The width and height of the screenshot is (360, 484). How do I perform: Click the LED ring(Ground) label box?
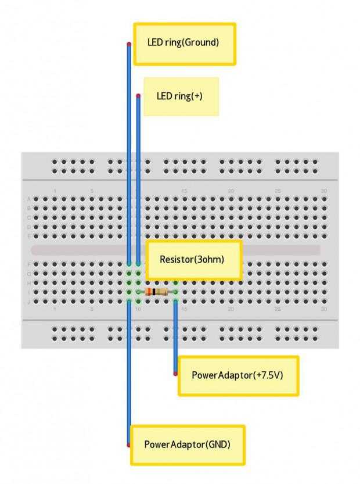point(185,44)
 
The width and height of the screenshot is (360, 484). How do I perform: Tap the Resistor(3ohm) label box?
point(194,260)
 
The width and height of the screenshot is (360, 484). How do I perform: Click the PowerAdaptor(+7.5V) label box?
point(239,376)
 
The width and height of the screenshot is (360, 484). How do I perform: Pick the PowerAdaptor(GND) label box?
point(188,445)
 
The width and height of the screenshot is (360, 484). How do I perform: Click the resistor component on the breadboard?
point(157,292)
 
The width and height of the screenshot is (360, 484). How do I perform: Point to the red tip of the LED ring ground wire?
point(129,44)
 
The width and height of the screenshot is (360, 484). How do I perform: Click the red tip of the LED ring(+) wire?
point(138,96)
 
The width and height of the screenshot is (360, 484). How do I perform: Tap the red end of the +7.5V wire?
point(175,374)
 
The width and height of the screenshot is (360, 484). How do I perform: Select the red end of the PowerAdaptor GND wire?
point(129,445)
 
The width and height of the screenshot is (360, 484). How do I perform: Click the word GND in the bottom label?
point(218,444)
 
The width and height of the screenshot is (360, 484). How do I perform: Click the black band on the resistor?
point(154,292)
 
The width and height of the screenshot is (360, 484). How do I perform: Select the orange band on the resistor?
point(149,292)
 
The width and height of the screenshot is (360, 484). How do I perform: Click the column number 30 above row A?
point(324,191)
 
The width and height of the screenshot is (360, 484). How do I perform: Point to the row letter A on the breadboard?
point(29,199)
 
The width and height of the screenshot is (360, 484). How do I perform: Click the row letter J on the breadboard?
point(29,302)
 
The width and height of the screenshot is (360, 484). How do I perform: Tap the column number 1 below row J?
point(55,309)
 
